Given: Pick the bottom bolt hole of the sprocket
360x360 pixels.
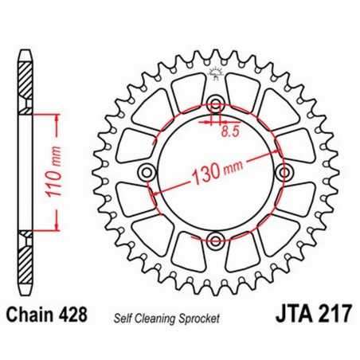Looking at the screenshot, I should point(214,239).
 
